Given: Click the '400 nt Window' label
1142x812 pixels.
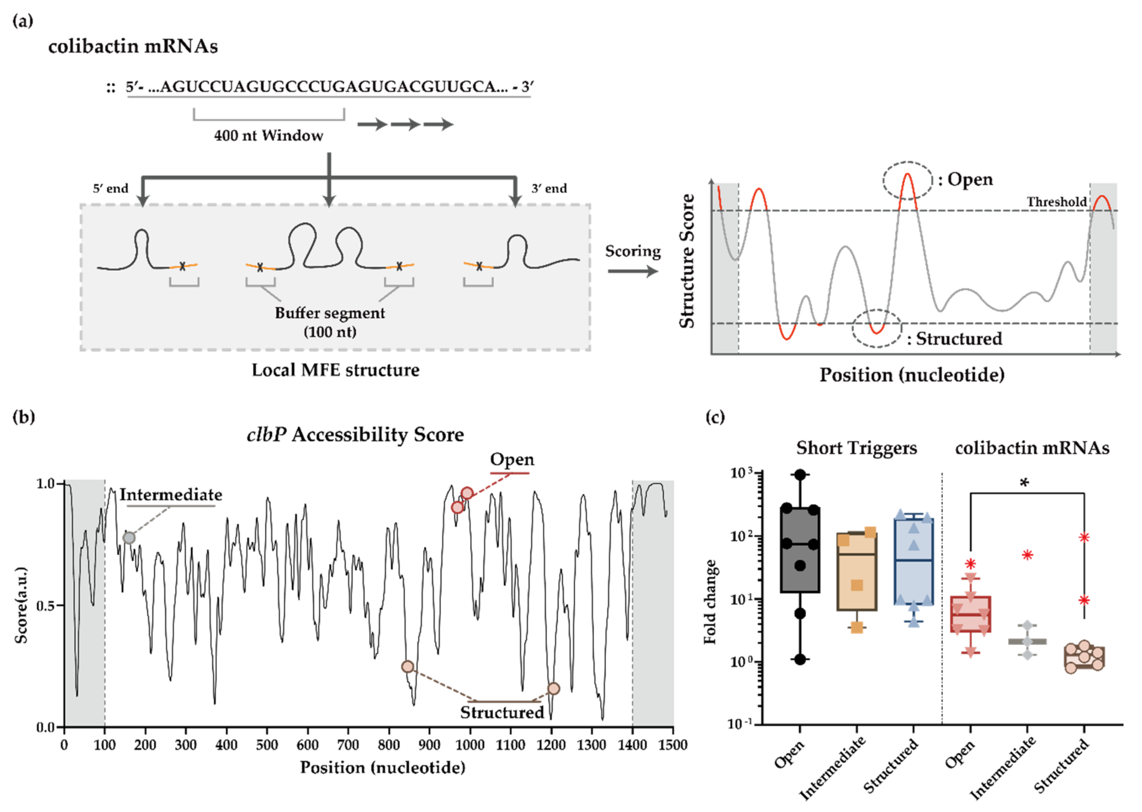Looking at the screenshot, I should pos(268,135).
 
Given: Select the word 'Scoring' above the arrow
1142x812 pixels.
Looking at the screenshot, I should pos(632,251).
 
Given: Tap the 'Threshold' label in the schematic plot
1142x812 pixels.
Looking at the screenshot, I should pos(1057,202).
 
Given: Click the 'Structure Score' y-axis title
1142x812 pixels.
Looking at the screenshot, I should pos(687,261).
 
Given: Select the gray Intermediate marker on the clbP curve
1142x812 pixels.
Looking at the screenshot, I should pos(129,538).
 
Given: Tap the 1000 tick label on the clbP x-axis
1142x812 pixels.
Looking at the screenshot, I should pos(470,745).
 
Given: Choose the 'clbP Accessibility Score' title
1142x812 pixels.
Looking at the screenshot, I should pos(355,435).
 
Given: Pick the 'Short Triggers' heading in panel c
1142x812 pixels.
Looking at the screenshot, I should pos(856,448).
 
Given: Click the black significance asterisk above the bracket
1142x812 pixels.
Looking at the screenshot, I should pos(1024,483).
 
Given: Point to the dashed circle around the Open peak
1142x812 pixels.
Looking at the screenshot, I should pos(908,181).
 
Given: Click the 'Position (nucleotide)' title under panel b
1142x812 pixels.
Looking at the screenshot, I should pos(382,767).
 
